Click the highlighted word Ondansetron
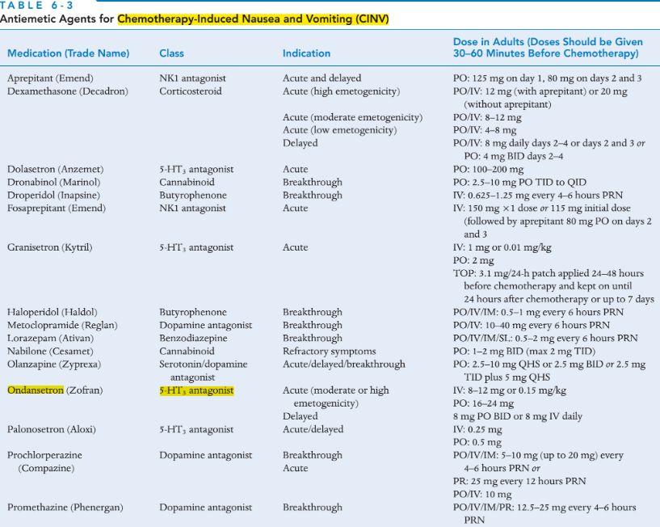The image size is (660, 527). click(36, 390)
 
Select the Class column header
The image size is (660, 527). click(171, 53)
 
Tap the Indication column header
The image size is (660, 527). click(306, 53)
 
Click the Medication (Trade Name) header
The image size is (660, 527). click(68, 53)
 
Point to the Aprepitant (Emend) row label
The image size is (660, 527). click(50, 78)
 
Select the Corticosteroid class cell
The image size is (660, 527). click(191, 91)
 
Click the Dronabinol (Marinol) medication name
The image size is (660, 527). click(54, 182)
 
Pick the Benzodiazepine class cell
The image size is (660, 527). click(193, 338)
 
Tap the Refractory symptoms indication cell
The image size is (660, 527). click(329, 351)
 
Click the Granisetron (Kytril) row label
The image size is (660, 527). click(49, 247)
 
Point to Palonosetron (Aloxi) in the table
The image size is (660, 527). click(53, 429)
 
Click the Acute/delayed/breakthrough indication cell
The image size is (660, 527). click(343, 364)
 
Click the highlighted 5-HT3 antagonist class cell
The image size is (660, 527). click(196, 390)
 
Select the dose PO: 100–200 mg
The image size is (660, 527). click(488, 169)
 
